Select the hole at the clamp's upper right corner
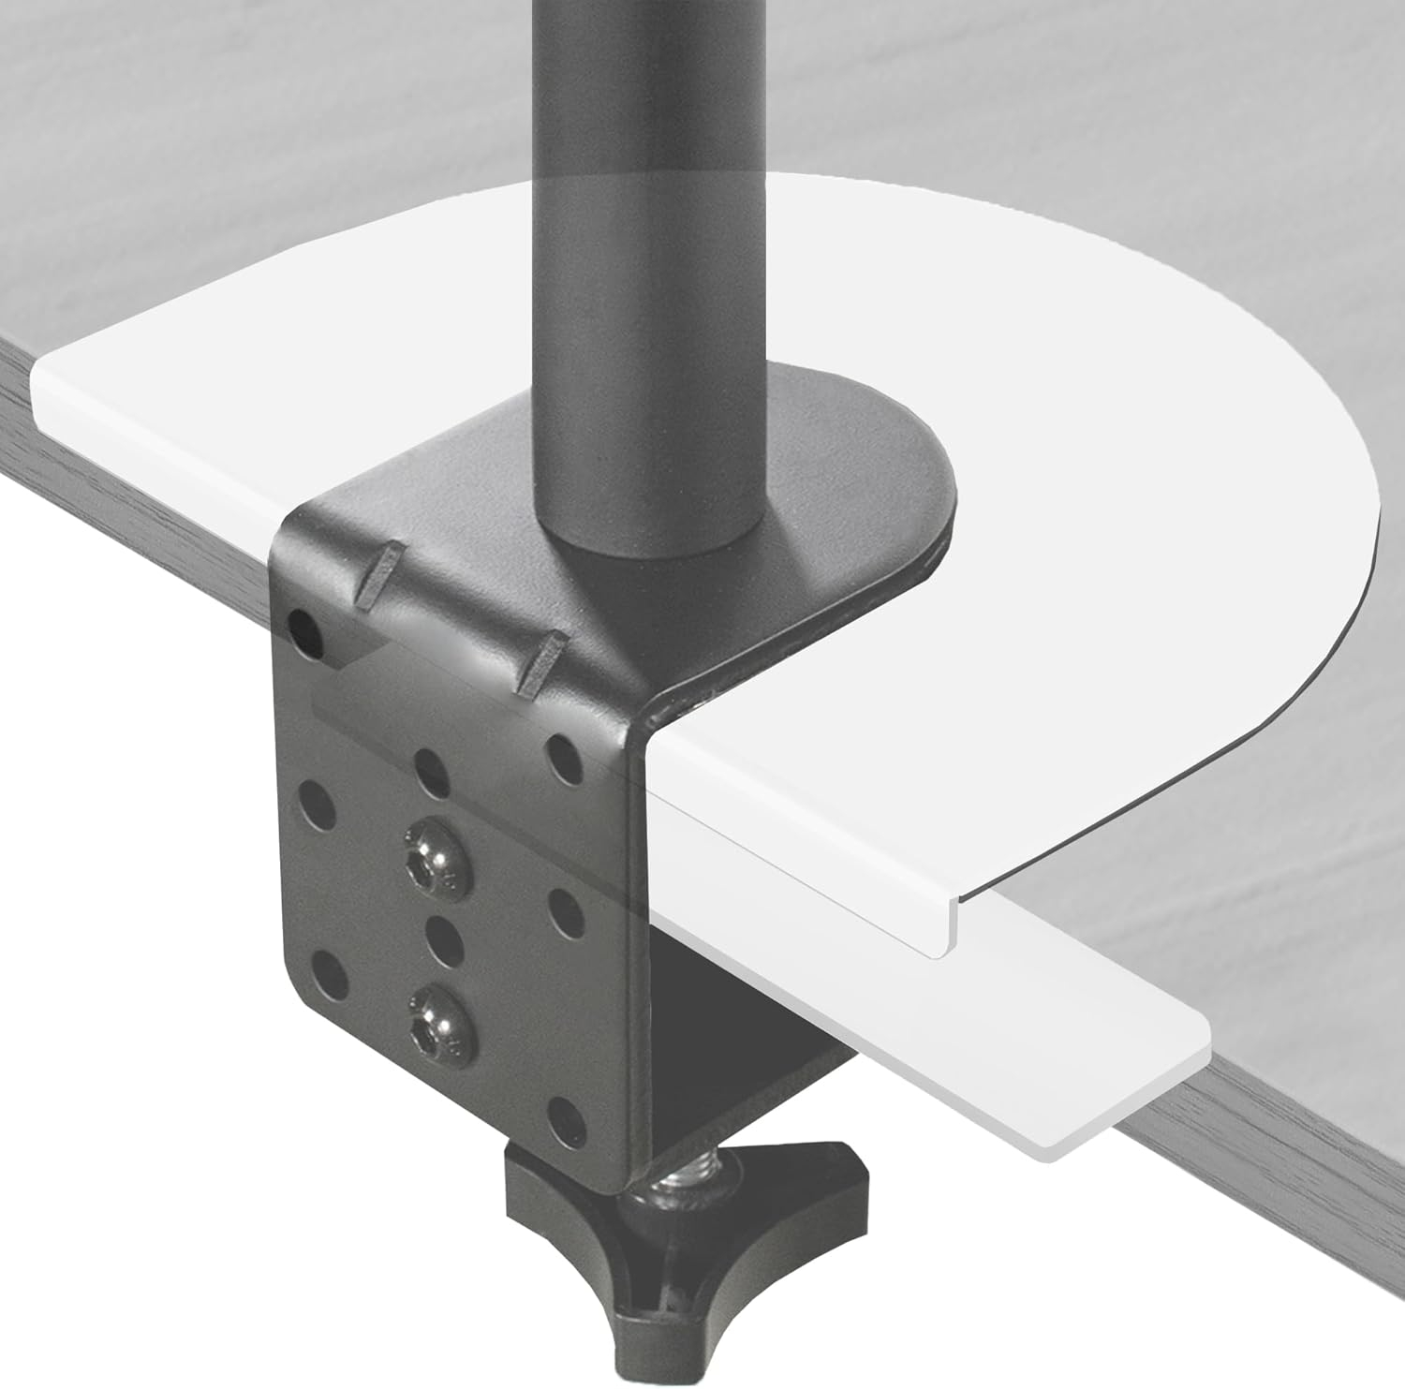click(563, 748)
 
